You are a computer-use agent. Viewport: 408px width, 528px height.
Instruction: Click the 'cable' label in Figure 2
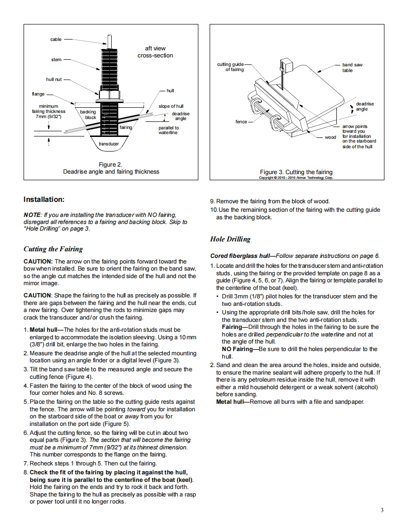pos(56,40)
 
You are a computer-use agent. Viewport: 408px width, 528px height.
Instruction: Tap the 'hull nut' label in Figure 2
pos(54,80)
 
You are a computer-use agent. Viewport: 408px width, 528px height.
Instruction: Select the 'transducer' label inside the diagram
pos(108,144)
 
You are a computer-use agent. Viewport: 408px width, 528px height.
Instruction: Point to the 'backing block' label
pos(88,114)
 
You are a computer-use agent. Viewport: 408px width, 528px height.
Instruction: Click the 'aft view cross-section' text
pos(155,52)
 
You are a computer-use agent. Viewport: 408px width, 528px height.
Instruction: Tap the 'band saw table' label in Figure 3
pos(352,67)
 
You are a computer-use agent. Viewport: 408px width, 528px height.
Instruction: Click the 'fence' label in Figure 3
pos(241,122)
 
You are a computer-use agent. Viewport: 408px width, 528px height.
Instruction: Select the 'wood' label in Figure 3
pos(330,137)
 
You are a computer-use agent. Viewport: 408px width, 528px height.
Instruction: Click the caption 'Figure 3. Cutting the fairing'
pos(296,172)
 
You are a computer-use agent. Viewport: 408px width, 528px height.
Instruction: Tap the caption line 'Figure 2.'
pos(111,165)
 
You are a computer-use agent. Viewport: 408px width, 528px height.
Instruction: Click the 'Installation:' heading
pos(44,200)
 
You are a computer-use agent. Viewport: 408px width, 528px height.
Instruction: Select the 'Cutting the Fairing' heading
pos(53,249)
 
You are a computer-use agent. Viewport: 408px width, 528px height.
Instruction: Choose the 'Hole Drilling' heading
pos(230,239)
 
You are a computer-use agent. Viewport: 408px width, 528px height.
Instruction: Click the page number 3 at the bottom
pos(382,510)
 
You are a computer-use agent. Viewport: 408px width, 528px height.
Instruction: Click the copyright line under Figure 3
pos(296,178)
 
